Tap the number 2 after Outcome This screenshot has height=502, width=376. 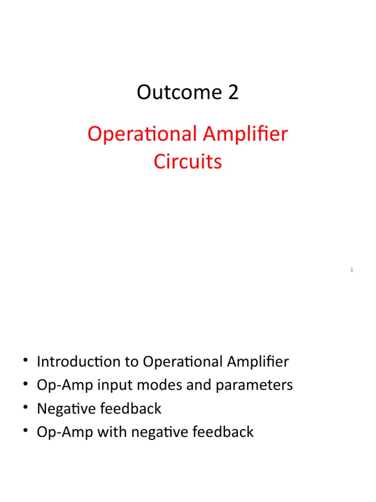pyautogui.click(x=233, y=92)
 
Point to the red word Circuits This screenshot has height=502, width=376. pyautogui.click(x=188, y=162)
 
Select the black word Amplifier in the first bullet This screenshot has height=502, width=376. pyautogui.click(x=258, y=362)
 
